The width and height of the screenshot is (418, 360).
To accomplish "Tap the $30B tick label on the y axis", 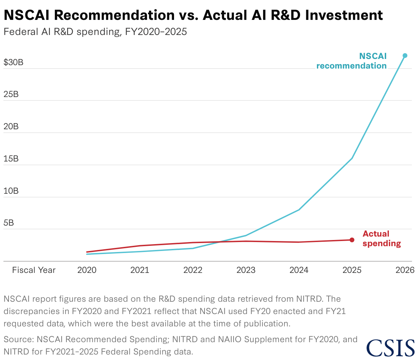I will click(x=13, y=62).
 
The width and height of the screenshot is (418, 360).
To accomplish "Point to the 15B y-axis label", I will click(x=11, y=159).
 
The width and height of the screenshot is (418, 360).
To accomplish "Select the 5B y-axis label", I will click(x=9, y=223).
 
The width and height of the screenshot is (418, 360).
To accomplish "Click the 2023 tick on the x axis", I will click(x=246, y=270).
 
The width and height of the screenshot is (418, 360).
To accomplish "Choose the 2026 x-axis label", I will click(x=405, y=270).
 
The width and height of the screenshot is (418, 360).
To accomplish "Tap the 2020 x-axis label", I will click(x=87, y=270).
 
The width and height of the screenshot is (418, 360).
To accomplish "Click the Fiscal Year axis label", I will click(x=34, y=270).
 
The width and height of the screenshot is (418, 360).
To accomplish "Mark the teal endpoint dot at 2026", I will click(x=405, y=56).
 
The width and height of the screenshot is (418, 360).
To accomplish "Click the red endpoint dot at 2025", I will click(x=352, y=240).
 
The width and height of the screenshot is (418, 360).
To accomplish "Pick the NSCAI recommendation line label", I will click(x=352, y=61).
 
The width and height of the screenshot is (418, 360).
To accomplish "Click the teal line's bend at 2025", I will click(x=352, y=158).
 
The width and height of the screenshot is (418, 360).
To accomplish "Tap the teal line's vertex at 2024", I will click(x=299, y=210).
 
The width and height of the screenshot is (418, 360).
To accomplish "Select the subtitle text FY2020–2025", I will click(x=156, y=32).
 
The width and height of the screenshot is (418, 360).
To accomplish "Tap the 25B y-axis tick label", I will click(x=11, y=94).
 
